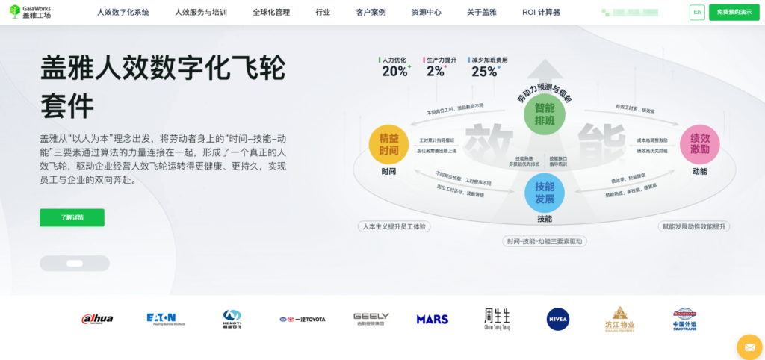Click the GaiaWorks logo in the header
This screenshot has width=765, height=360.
[31, 12]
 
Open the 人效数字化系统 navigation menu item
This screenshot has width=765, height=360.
[123, 13]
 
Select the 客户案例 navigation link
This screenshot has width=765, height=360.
[371, 13]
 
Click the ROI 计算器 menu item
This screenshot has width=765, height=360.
[541, 13]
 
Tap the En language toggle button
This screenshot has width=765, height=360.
[697, 13]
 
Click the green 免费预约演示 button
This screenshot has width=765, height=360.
[734, 13]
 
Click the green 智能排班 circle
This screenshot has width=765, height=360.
[544, 114]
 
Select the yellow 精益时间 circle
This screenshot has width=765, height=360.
[388, 144]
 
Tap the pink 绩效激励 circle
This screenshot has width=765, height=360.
[699, 144]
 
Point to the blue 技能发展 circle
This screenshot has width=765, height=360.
[544, 193]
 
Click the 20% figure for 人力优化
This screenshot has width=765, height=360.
[395, 72]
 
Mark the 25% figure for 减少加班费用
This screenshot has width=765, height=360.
[484, 72]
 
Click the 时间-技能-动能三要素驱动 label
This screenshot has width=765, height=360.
[545, 241]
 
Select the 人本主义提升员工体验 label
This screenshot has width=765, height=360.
[395, 226]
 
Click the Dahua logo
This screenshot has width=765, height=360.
[97, 319]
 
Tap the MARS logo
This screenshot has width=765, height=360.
[433, 319]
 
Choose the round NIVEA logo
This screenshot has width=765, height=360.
[557, 319]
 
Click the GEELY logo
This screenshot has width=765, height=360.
[371, 319]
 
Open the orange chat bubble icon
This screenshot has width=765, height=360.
[749, 347]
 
